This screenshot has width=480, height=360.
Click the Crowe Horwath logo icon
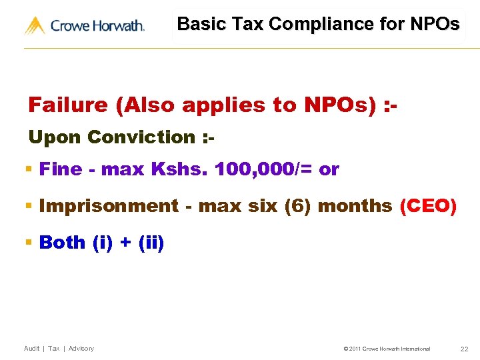click(35, 26)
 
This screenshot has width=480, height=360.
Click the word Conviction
click(140, 137)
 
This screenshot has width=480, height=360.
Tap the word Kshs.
click(180, 169)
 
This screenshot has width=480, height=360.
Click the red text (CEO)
click(428, 206)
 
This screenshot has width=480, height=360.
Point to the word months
click(355, 206)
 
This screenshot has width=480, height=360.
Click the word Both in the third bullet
click(63, 242)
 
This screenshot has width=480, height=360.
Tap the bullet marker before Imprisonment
click(29, 207)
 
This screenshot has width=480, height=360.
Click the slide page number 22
click(464, 349)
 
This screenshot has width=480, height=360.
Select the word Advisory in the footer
click(81, 349)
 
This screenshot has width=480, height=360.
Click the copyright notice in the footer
click(387, 349)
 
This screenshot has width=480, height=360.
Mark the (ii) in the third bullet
click(151, 242)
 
